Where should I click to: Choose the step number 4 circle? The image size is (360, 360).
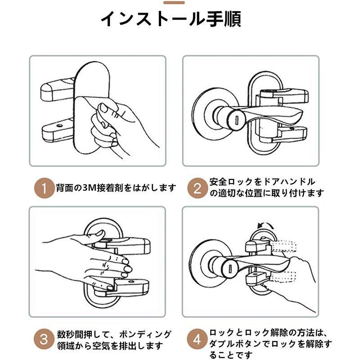click(197, 339)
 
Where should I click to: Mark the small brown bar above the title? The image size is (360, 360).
click(174, 3)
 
